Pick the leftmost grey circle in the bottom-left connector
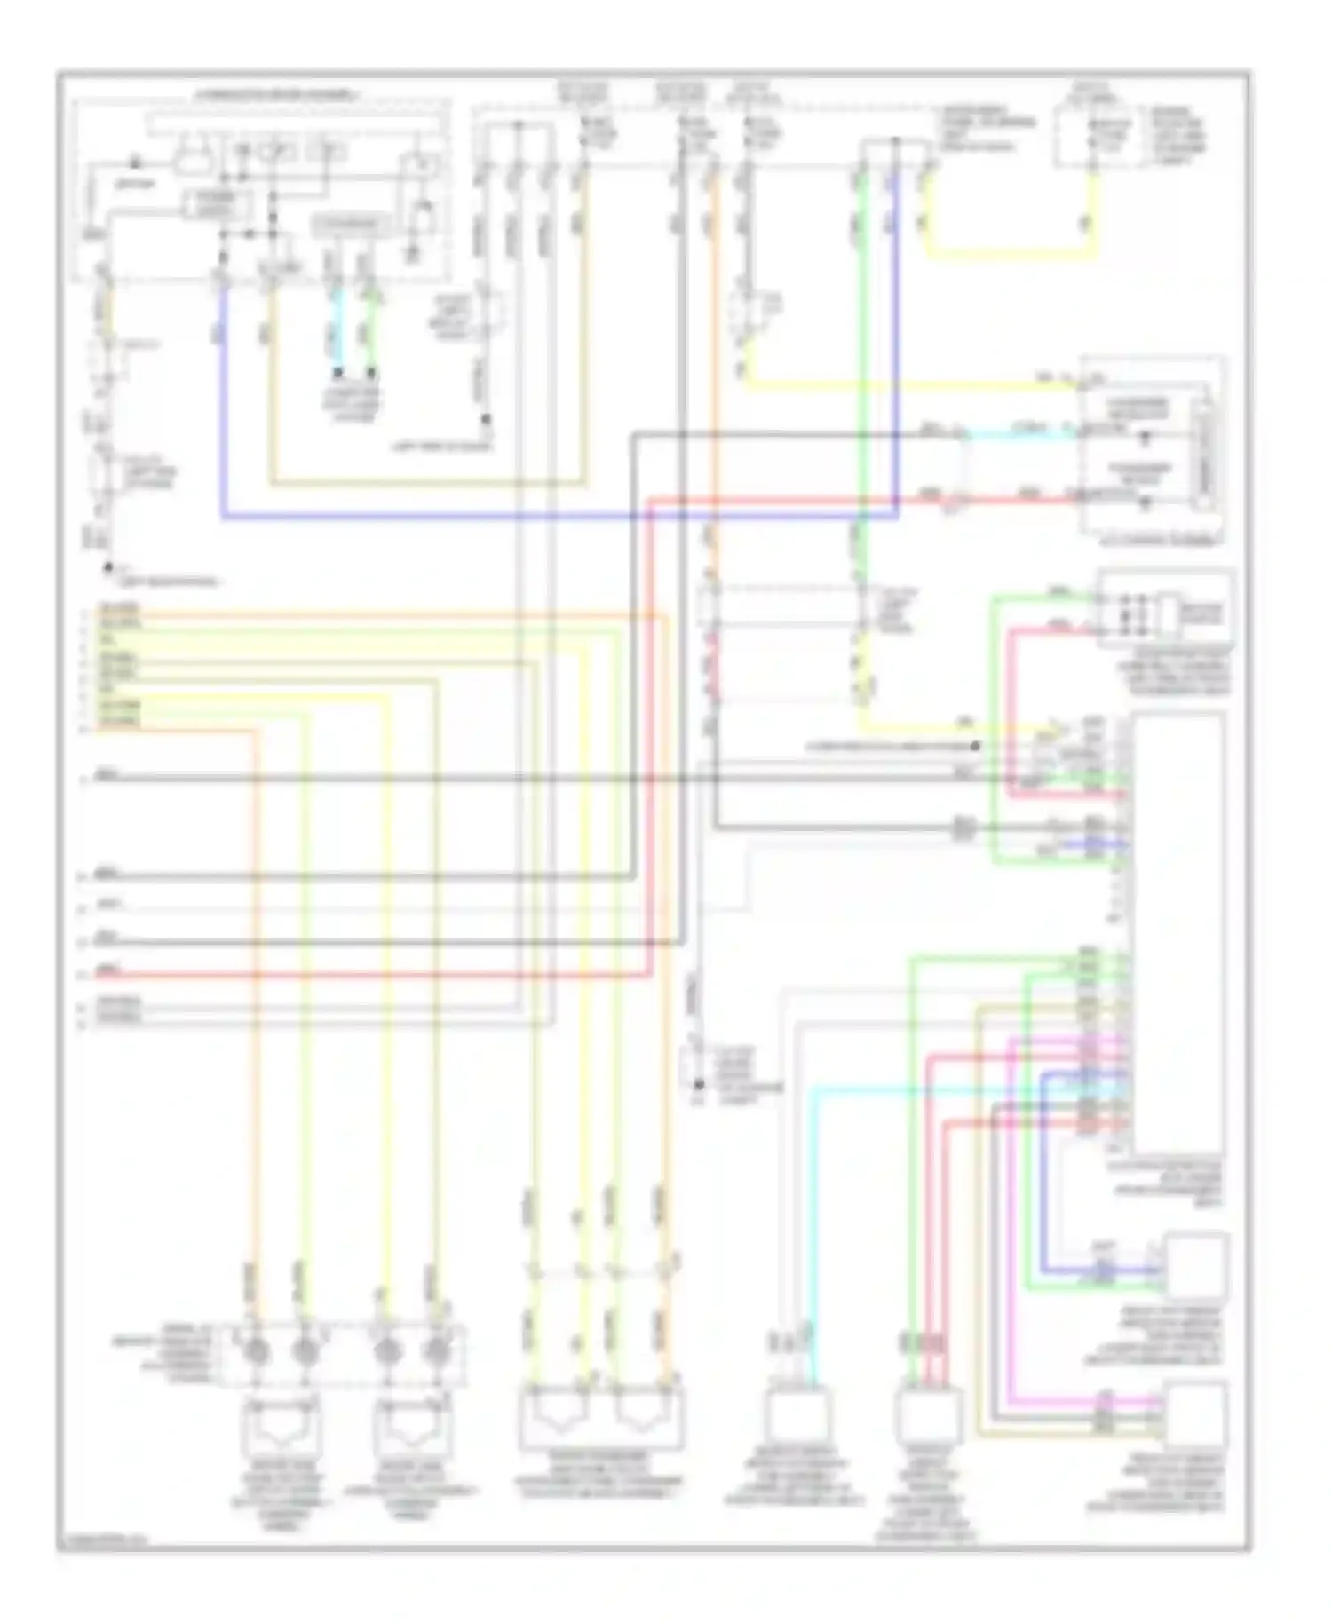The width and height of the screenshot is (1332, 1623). point(257,1351)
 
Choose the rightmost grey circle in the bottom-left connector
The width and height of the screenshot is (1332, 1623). point(436,1351)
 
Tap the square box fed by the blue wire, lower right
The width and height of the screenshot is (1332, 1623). point(1195,1266)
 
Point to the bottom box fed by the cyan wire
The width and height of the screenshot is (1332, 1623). point(797,1415)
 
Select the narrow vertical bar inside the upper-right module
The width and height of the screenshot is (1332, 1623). point(1205,454)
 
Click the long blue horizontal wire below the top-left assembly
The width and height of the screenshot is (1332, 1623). point(559,516)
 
